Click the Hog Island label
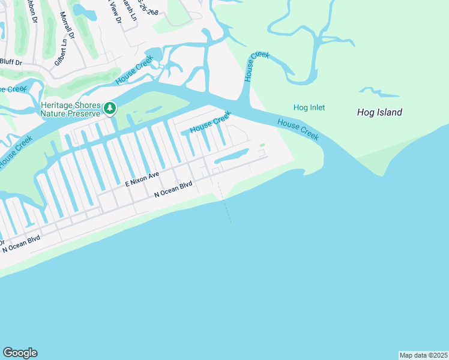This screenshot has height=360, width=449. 379,112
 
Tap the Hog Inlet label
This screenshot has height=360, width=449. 309,108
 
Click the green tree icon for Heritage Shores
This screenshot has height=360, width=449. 109,108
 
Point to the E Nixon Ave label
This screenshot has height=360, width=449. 142,178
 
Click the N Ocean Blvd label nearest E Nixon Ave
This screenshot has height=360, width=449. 173,190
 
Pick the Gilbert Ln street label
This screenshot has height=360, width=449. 60,52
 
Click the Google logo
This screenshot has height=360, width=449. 20,353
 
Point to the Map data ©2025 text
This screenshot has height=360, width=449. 423,355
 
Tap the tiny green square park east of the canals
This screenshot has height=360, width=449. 262,145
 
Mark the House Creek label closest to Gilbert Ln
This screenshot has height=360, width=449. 134,70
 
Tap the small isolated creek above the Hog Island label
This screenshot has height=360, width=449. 379,92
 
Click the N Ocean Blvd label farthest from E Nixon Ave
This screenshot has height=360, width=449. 22,243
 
